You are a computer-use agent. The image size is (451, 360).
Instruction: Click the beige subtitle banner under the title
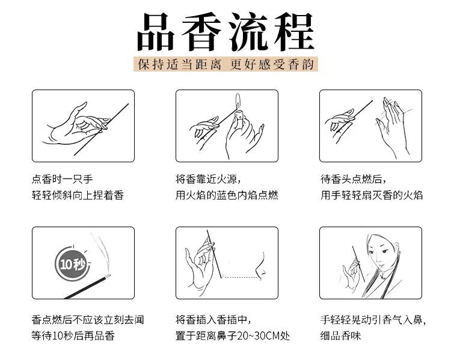pyautogui.click(x=226, y=64)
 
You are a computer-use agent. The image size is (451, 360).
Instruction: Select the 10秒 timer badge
pyautogui.click(x=72, y=263)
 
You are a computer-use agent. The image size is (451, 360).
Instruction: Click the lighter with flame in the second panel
pyautogui.click(x=239, y=110)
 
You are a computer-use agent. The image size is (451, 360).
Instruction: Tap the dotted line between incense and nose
pyautogui.click(x=240, y=277)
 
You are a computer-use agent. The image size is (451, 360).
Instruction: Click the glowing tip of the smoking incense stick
pyautogui.click(x=108, y=276)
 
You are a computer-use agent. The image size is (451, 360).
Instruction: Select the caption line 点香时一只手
pyautogui.click(x=63, y=179)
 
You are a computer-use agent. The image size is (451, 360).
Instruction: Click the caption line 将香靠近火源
pyautogui.click(x=208, y=179)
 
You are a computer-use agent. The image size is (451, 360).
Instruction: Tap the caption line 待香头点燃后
pyautogui.click(x=353, y=179)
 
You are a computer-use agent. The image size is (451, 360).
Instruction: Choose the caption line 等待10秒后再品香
pyautogui.click(x=73, y=335)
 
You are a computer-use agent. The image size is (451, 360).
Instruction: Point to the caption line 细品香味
pyautogui.click(x=340, y=335)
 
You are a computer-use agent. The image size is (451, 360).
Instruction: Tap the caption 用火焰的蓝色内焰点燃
pyautogui.click(x=227, y=195)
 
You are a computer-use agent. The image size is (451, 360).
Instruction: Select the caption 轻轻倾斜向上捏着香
pyautogui.click(x=78, y=195)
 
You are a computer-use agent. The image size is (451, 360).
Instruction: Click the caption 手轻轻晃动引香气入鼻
pyautogui.click(x=373, y=320)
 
